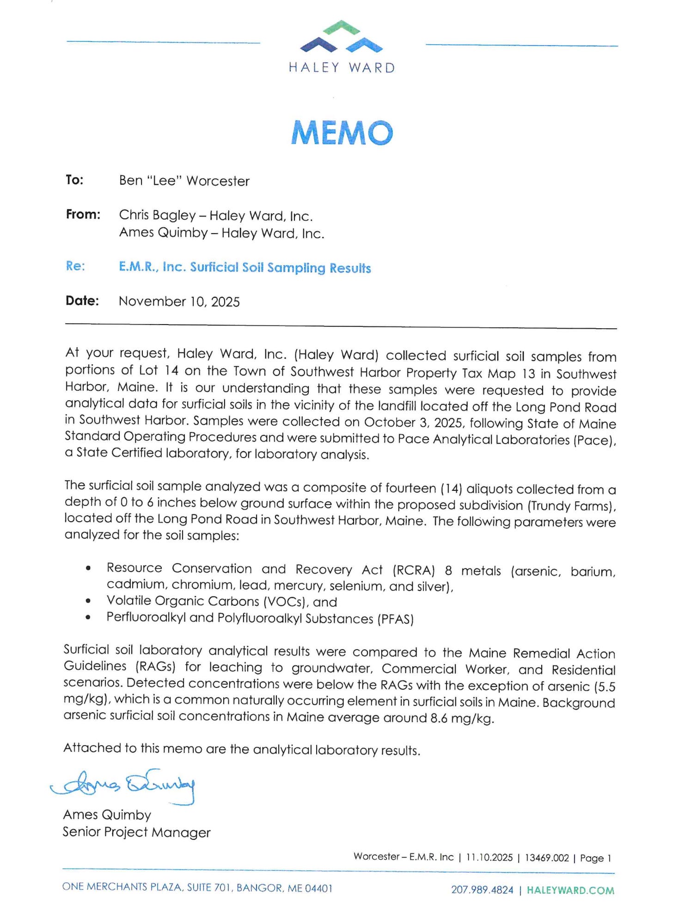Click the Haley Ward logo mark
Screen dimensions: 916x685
pos(341,37)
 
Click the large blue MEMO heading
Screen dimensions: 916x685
pos(342,133)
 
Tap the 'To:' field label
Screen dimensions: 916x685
pos(74,180)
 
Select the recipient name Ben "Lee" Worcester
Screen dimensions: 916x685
pos(184,181)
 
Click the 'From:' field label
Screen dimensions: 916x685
pos(83,215)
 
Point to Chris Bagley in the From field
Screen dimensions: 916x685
pos(157,216)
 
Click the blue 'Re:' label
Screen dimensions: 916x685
pos(75,266)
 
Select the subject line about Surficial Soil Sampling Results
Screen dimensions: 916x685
pos(245,268)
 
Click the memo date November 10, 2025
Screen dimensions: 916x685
pos(179,301)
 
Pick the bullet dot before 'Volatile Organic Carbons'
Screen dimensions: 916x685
pos(88,601)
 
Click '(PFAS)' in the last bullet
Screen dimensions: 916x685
pos(395,619)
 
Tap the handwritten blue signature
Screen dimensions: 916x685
pos(122,785)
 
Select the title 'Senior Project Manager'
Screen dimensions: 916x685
pos(136,832)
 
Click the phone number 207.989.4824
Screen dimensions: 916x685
pos(482,890)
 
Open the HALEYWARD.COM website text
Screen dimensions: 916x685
pos(570,890)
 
